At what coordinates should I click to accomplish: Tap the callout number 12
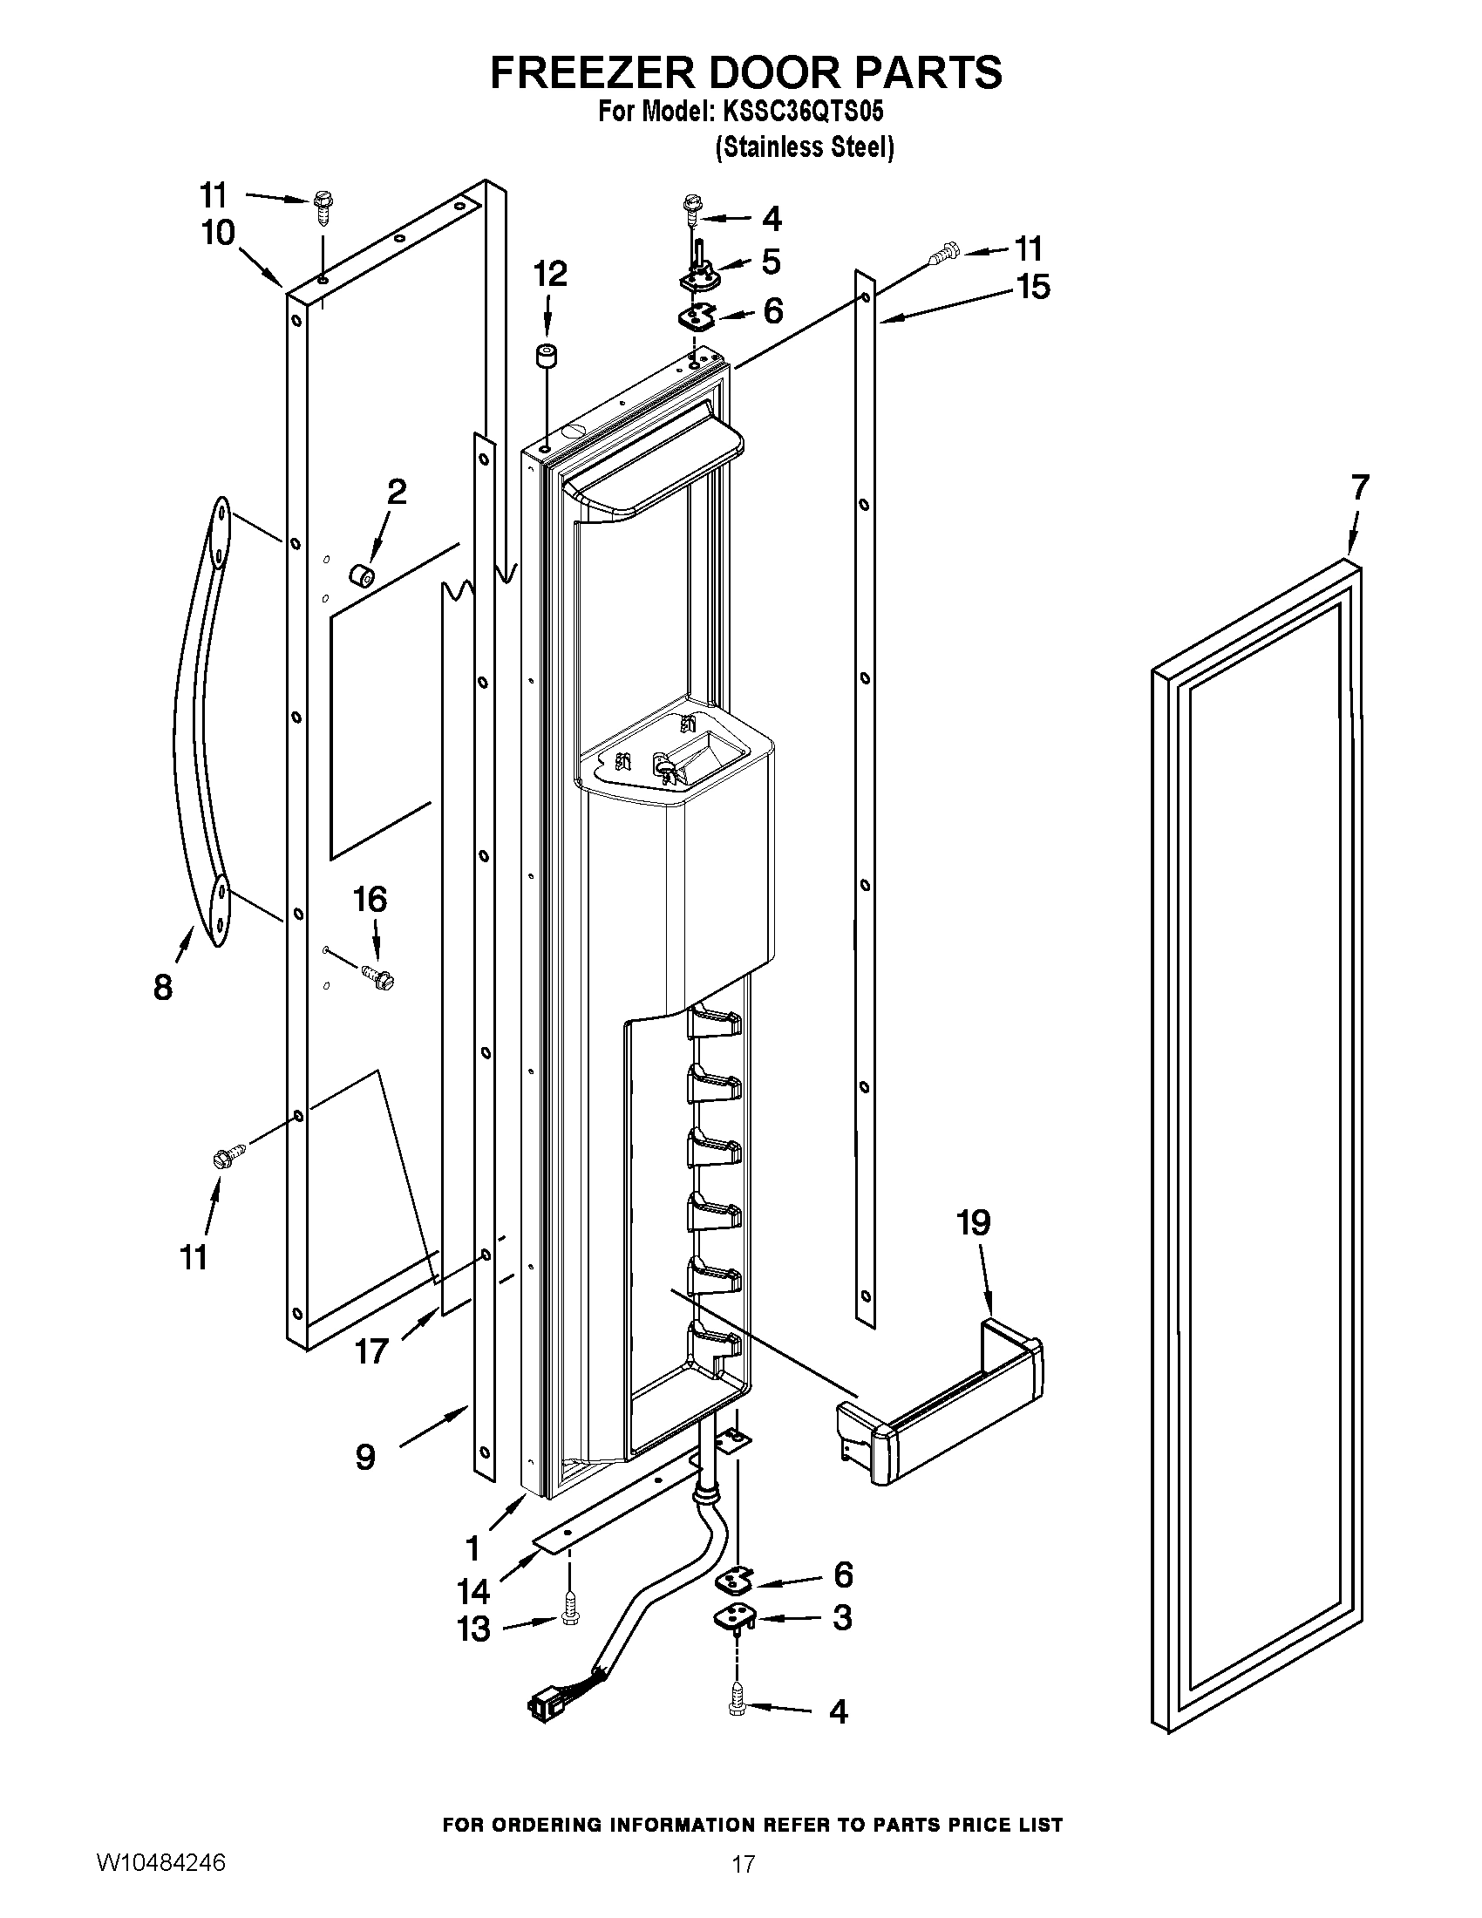tap(549, 274)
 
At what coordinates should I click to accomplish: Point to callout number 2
tap(397, 492)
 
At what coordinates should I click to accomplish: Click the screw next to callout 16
tap(378, 974)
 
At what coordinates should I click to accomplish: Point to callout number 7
tap(1359, 486)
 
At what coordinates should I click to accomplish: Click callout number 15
tap(1034, 287)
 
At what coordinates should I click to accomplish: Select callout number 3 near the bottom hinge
tap(841, 1617)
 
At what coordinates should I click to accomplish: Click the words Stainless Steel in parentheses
tap(805, 147)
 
